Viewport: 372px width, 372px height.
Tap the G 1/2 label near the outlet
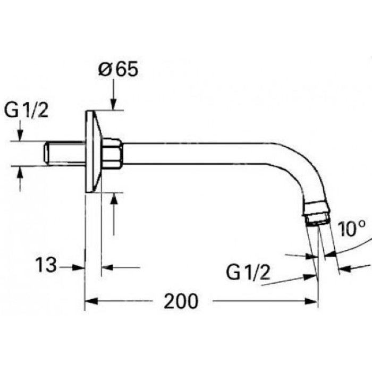[x=248, y=273]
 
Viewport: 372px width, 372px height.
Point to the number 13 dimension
[x=46, y=265]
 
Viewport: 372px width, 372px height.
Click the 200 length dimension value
[x=180, y=302]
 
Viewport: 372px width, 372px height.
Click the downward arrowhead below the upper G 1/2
[x=20, y=136]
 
